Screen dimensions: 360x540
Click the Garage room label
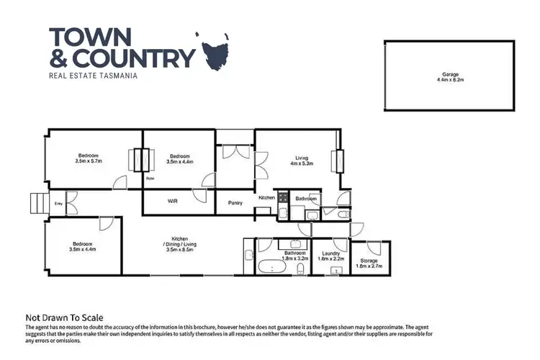click(x=451, y=77)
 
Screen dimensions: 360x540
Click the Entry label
click(x=58, y=204)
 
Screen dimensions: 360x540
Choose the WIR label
click(x=173, y=202)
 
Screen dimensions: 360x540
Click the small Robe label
click(x=150, y=178)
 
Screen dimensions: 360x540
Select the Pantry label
click(x=235, y=203)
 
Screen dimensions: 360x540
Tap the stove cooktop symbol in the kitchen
click(x=284, y=197)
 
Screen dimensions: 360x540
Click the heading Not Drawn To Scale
click(x=65, y=318)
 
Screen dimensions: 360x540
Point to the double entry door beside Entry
click(x=71, y=202)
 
